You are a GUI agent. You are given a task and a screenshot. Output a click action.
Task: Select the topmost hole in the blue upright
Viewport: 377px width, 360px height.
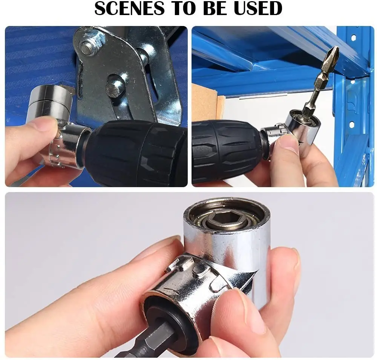tap(353, 38)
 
